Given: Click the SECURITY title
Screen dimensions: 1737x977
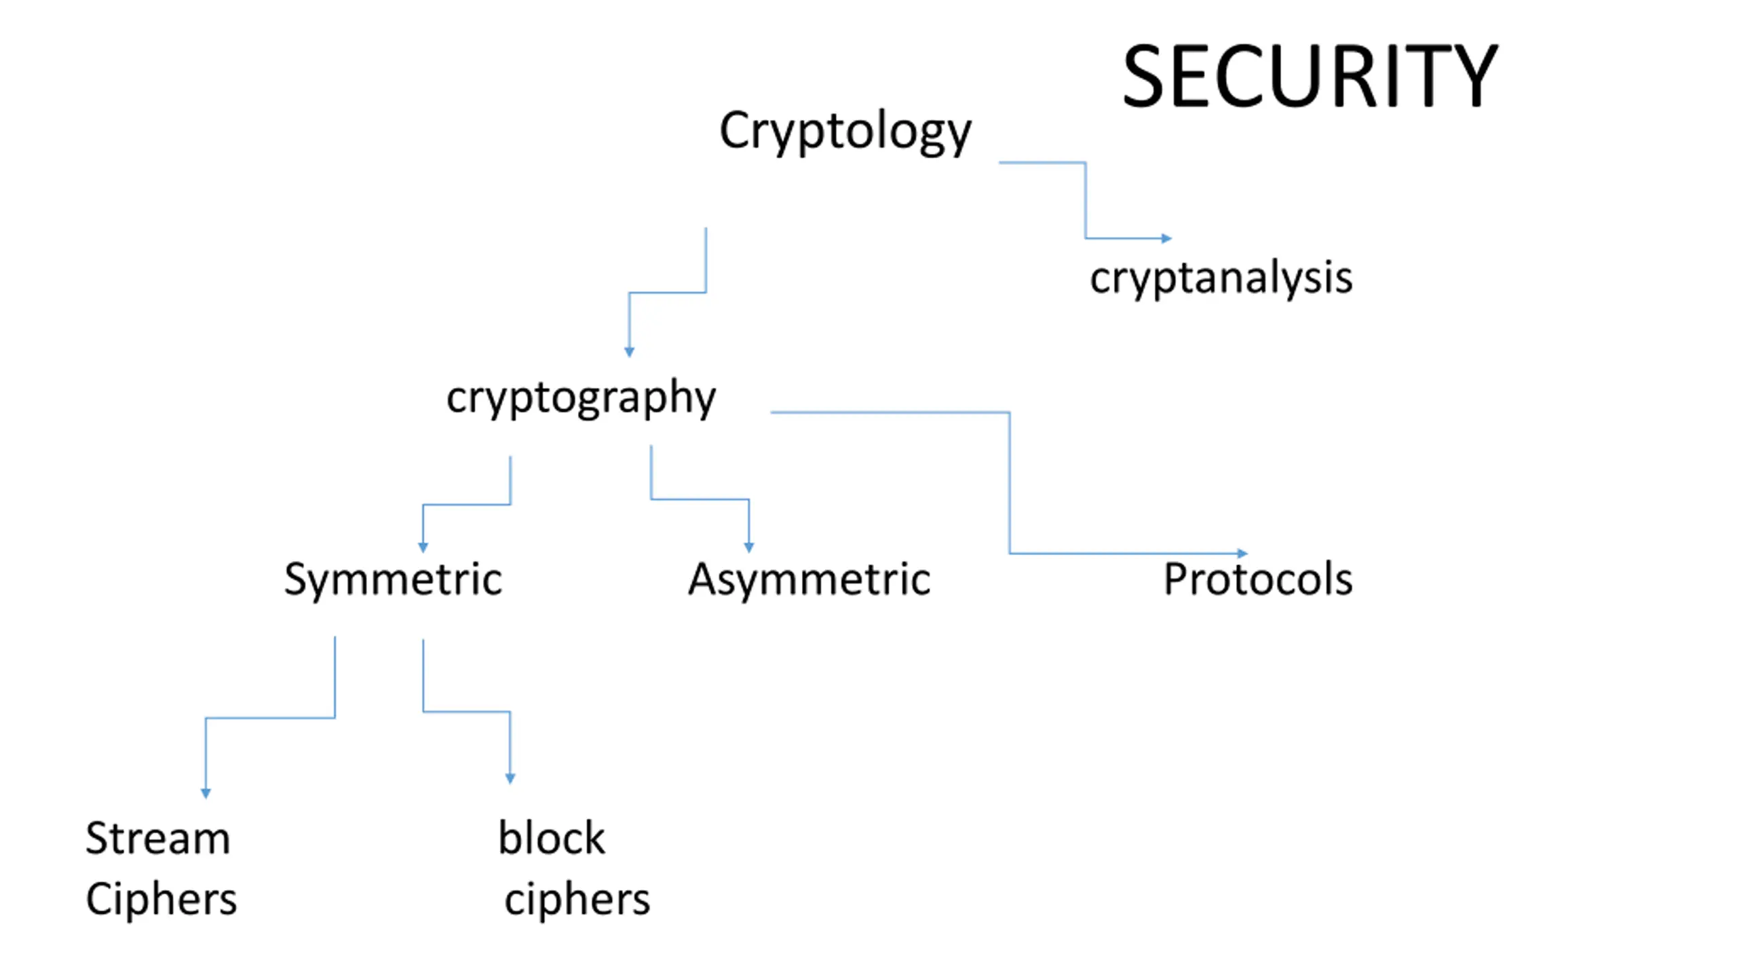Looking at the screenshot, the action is point(1310,75).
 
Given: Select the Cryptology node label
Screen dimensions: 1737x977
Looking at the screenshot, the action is point(845,132).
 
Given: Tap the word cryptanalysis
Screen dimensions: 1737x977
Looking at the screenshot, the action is point(1221,278).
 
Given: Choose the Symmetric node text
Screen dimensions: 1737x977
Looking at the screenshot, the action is point(393,580).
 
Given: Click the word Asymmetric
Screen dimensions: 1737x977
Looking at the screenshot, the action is point(809,580).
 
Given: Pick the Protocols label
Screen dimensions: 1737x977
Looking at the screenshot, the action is point(1258,579).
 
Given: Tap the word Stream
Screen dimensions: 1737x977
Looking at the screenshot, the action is point(158,838).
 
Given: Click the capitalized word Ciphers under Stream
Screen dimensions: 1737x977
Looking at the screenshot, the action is point(161,900).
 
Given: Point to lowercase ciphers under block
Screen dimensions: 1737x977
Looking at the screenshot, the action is point(577,900).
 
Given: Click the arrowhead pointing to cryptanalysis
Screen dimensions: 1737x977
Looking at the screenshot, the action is point(1167,238).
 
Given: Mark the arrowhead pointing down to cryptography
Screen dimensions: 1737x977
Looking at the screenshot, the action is point(629,352).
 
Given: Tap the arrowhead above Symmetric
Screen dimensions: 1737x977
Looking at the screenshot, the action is point(423,548).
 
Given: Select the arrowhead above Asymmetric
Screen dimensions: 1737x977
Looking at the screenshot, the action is point(749,548).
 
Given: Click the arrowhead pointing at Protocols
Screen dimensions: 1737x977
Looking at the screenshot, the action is point(1242,554).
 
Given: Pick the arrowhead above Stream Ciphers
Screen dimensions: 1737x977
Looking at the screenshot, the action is point(206,793).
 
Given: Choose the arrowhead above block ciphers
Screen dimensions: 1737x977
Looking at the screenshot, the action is point(510,779).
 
